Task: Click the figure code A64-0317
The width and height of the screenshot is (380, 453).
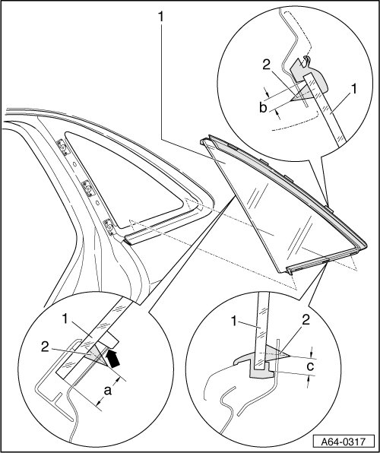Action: click(x=344, y=442)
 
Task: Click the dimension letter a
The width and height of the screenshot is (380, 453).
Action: click(x=107, y=391)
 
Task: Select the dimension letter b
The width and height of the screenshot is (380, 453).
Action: click(x=263, y=107)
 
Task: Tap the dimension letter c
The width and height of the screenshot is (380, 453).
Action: click(x=310, y=366)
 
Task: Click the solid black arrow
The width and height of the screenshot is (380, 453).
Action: click(x=112, y=359)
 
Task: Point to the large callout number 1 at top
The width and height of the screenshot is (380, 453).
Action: click(x=160, y=17)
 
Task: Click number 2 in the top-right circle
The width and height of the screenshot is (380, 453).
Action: click(x=266, y=65)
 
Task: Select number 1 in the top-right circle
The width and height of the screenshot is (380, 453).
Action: click(x=353, y=89)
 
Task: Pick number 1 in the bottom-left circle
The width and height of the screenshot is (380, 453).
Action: click(x=65, y=319)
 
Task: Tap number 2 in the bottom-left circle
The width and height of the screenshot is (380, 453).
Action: click(x=45, y=347)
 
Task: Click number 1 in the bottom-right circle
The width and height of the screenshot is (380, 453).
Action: click(x=235, y=322)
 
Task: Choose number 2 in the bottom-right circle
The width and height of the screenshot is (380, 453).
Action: click(x=306, y=320)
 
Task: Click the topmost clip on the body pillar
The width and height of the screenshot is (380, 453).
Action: click(x=62, y=146)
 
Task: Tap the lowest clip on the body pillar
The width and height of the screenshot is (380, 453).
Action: click(x=109, y=226)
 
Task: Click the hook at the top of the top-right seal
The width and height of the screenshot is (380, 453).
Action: click(x=306, y=60)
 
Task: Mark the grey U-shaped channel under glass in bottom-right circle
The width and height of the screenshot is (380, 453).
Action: click(x=261, y=372)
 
